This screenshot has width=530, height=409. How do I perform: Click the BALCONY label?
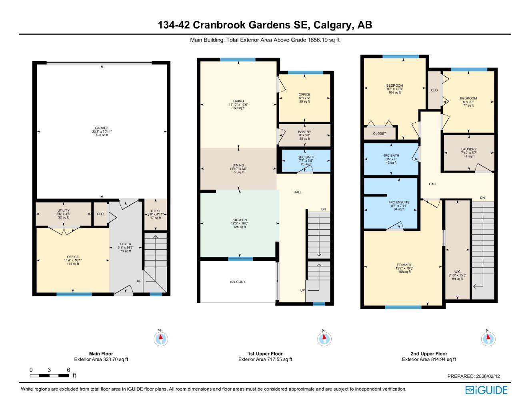(238, 282)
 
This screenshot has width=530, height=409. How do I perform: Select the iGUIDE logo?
(486, 390)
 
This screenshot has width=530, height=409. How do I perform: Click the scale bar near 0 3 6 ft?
(49, 376)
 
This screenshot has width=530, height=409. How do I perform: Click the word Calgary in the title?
(333, 25)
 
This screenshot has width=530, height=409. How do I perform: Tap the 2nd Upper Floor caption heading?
(429, 353)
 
